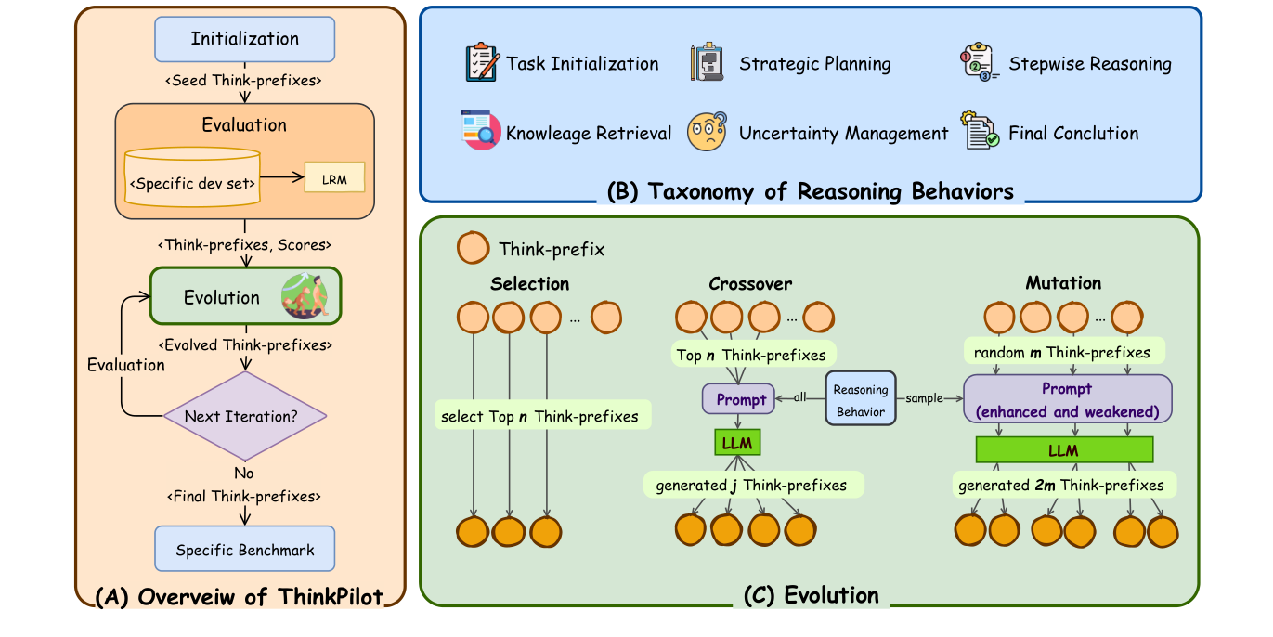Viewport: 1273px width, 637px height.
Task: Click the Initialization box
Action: click(245, 39)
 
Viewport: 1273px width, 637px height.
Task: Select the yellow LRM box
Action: click(334, 178)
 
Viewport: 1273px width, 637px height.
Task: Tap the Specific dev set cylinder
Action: click(192, 177)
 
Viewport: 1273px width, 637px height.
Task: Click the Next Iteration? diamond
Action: click(245, 416)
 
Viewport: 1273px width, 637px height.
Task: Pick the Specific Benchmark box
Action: click(245, 550)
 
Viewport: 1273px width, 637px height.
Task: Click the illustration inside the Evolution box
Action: click(305, 295)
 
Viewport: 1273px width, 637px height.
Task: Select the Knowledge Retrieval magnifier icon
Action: click(481, 132)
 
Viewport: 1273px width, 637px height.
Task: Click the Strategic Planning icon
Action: click(707, 63)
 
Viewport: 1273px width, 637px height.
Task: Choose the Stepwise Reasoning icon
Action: click(979, 63)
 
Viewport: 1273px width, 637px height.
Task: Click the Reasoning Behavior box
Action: click(860, 400)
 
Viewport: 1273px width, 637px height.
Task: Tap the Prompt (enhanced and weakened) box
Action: click(1067, 399)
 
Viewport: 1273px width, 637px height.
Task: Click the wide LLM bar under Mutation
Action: click(1064, 449)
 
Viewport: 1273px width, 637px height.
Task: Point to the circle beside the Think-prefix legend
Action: click(473, 249)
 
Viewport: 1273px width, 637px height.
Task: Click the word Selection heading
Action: click(530, 283)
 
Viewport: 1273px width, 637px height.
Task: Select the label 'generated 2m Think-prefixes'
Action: click(1063, 485)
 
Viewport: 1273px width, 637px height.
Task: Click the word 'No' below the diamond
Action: click(244, 473)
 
